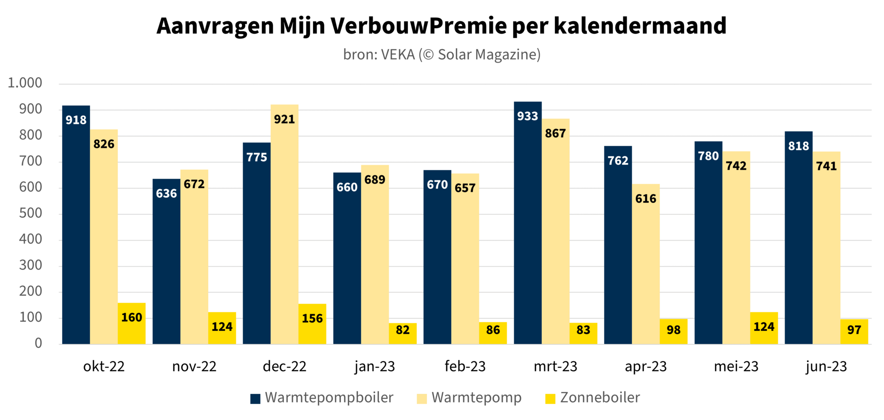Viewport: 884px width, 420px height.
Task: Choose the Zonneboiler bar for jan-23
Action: pyautogui.click(x=402, y=334)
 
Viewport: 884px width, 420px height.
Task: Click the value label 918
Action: pyautogui.click(x=76, y=120)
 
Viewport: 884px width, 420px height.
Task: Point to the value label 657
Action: pyautogui.click(x=465, y=188)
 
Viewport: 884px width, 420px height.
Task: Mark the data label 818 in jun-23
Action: pyautogui.click(x=798, y=146)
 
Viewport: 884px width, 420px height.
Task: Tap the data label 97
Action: pyautogui.click(x=854, y=330)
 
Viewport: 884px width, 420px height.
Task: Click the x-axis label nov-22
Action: pyautogui.click(x=194, y=367)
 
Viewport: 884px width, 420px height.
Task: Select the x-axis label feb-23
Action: pyautogui.click(x=465, y=367)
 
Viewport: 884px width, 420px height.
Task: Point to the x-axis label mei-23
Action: pyautogui.click(x=736, y=367)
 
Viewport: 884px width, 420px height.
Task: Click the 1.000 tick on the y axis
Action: pyautogui.click(x=25, y=83)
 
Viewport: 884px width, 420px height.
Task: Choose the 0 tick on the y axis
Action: pyautogui.click(x=38, y=343)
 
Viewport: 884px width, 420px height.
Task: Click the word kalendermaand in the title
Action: pyautogui.click(x=640, y=26)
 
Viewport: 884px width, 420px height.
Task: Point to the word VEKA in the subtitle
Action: pyautogui.click(x=398, y=55)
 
